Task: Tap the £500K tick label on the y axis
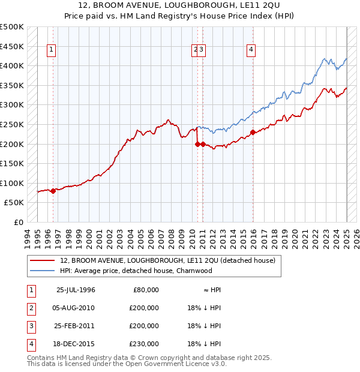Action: (x=13, y=27)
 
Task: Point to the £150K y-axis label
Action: (x=13, y=163)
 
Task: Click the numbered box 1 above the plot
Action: (x=52, y=50)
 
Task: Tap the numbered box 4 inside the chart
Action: (x=251, y=50)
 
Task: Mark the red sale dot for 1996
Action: (x=53, y=191)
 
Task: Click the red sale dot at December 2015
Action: (x=253, y=132)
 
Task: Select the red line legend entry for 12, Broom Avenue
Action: (x=167, y=260)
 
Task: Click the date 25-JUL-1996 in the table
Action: (x=76, y=290)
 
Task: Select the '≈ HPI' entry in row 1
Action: (x=212, y=290)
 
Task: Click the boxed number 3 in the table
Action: (x=31, y=326)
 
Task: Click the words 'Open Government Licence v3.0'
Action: (x=175, y=364)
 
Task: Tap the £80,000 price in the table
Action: (x=145, y=290)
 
